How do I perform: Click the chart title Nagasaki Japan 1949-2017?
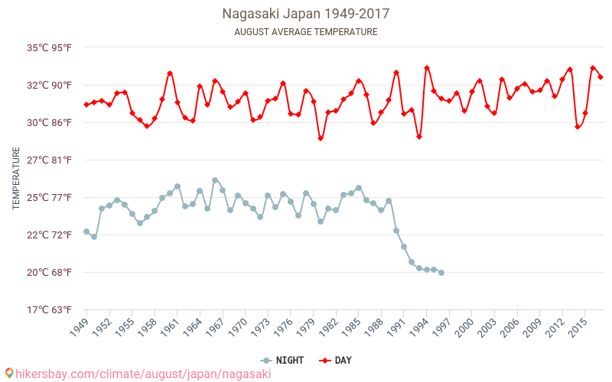(305, 14)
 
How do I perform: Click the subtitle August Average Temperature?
(305, 32)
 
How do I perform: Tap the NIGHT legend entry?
(283, 361)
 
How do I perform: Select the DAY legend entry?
(336, 361)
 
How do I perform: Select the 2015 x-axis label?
(579, 327)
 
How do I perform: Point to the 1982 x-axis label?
(330, 327)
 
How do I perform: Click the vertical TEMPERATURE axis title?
(16, 179)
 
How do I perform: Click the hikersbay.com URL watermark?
(138, 374)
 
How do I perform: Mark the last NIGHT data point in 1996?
(441, 273)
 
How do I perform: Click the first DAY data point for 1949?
(86, 105)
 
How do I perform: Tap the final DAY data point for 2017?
(601, 77)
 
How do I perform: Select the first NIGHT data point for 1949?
(86, 231)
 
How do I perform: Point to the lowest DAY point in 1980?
(321, 138)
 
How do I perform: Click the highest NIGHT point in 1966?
(215, 180)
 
